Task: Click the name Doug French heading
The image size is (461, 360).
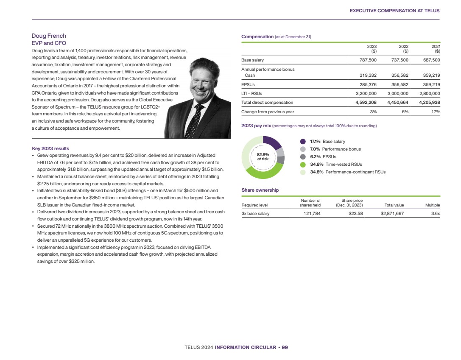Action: point(49,36)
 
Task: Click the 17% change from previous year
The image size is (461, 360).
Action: point(436,112)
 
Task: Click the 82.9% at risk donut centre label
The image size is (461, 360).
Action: point(263,157)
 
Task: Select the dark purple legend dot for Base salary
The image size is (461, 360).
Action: point(303,142)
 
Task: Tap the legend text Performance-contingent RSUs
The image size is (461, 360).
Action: point(355,172)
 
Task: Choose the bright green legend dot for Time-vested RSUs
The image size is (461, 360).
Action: point(303,165)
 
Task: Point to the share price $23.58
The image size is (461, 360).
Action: point(353,214)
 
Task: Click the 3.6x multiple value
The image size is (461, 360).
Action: point(436,214)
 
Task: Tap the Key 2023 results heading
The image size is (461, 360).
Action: point(50,148)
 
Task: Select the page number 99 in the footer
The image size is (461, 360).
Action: point(285,347)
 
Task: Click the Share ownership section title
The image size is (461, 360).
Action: point(260,190)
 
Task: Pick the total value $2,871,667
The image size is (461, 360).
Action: point(392,214)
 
